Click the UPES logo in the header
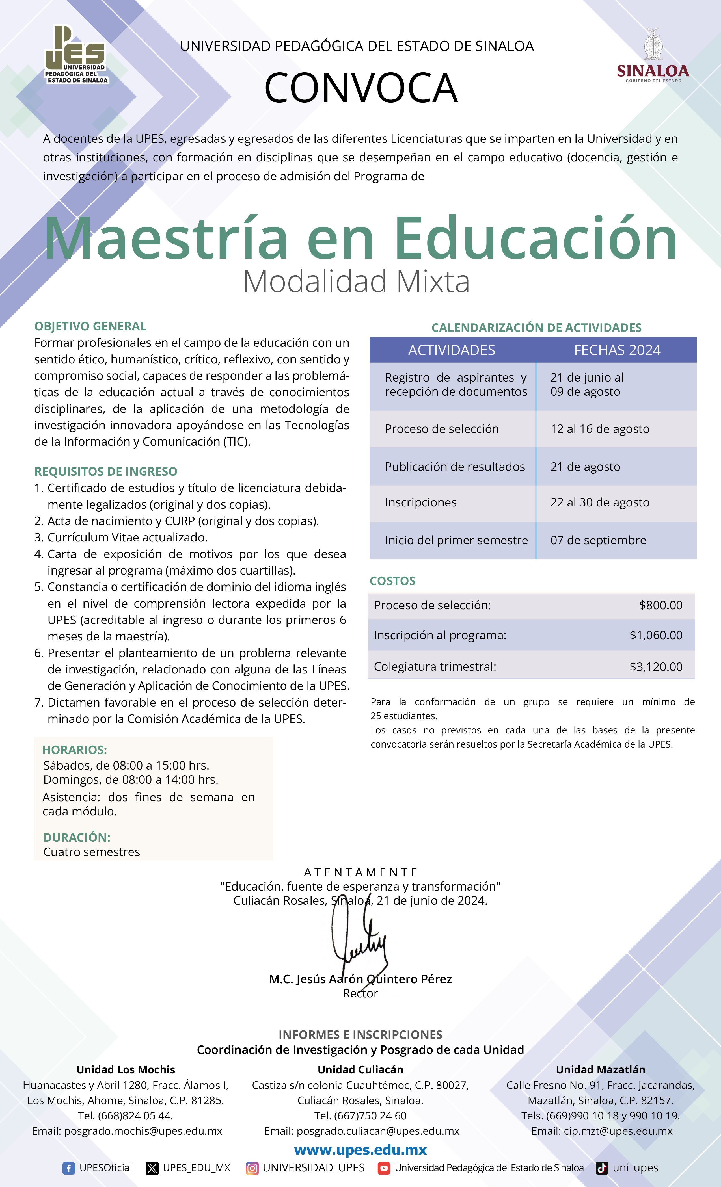[x=76, y=55]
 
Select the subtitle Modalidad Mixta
[x=356, y=281]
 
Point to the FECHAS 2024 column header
[x=617, y=350]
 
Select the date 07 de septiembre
[x=598, y=540]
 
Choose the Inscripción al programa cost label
[x=440, y=635]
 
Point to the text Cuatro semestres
[x=92, y=852]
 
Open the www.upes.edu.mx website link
[x=360, y=1150]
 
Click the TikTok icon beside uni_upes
[x=602, y=1168]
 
